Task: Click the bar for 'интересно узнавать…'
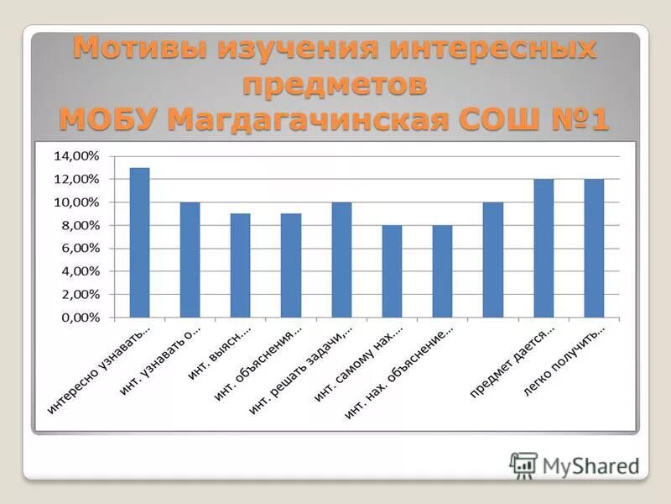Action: [140, 243]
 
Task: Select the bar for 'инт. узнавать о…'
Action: [190, 260]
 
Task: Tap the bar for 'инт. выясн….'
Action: [241, 266]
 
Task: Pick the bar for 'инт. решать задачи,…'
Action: [341, 260]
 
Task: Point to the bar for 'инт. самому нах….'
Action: [392, 272]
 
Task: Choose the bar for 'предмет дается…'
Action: [544, 249]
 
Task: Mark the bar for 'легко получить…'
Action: [594, 249]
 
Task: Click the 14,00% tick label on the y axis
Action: [76, 156]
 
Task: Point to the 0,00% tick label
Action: [80, 318]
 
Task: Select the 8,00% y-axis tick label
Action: [80, 226]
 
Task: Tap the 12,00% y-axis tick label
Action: [76, 180]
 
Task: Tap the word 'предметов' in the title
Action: [335, 85]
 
